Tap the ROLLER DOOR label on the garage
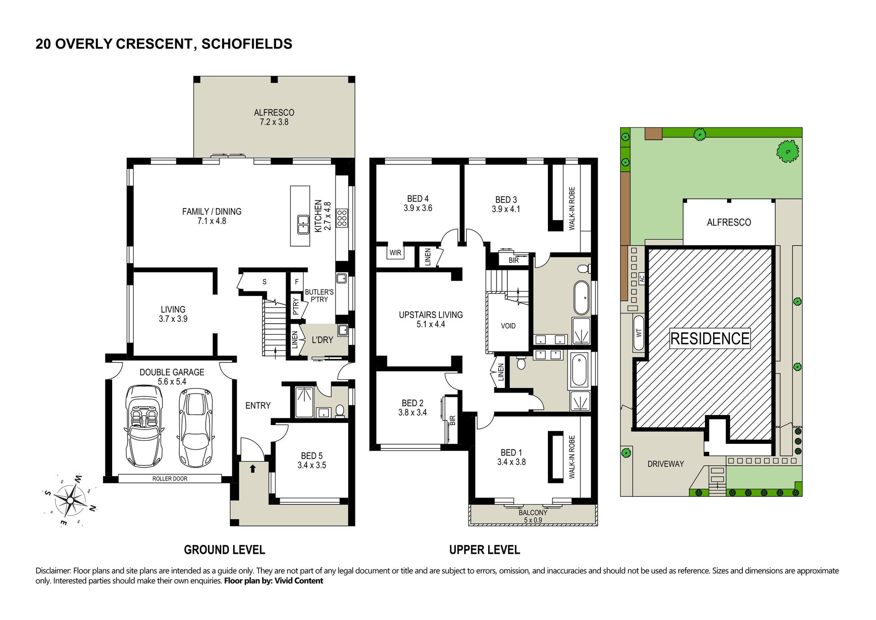[170, 478]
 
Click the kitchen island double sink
[303, 224]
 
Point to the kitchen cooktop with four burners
[342, 218]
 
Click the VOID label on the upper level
[508, 326]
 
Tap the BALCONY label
[532, 513]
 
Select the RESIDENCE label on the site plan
[710, 338]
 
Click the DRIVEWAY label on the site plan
[666, 464]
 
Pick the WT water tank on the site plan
[639, 333]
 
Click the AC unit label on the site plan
[641, 278]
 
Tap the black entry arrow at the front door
[252, 468]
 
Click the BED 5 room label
[312, 456]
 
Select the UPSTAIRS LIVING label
[431, 315]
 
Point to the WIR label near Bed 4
[395, 252]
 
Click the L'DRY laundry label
[322, 340]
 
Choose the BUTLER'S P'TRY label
[319, 295]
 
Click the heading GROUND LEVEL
[224, 550]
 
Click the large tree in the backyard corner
[787, 151]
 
